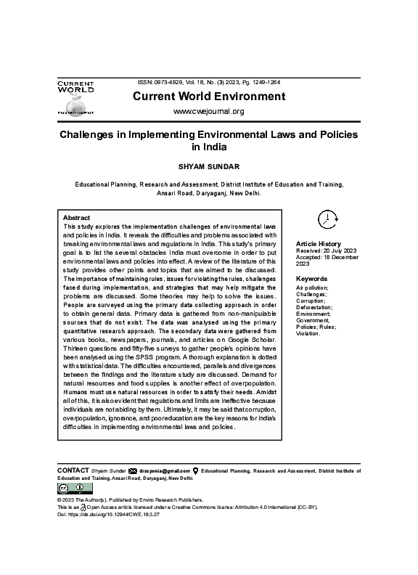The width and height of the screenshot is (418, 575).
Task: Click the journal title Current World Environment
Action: [208, 97]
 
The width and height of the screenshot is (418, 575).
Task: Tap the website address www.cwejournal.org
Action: [208, 111]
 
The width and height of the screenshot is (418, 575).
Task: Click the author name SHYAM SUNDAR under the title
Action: [208, 166]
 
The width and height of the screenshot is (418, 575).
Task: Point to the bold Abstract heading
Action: [76, 218]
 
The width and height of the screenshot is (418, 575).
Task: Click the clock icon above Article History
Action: [327, 218]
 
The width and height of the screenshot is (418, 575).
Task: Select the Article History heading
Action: [318, 244]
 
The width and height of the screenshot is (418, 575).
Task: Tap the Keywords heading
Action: [312, 279]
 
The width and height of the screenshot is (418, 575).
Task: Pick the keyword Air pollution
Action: [312, 287]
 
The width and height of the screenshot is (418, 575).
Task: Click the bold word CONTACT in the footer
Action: [73, 470]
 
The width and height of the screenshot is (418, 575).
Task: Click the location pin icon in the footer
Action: [196, 471]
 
